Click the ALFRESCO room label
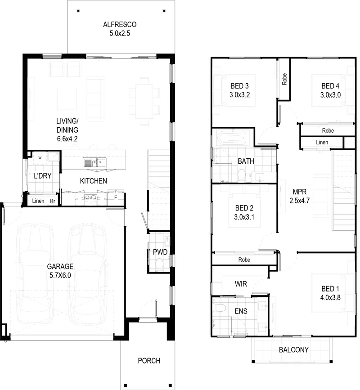(120, 24)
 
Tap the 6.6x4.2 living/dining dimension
(67, 139)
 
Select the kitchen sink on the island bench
(94, 163)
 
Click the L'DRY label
(43, 176)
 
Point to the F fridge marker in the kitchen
(116, 198)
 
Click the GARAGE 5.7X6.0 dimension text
(60, 275)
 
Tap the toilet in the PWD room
(159, 264)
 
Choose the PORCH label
(149, 361)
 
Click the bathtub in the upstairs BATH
(232, 138)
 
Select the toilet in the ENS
(220, 308)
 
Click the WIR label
(241, 284)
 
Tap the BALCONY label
(293, 350)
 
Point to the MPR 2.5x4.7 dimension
(299, 201)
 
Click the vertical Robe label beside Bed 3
(284, 79)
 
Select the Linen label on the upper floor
(322, 142)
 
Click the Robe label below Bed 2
(244, 260)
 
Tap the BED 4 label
(330, 86)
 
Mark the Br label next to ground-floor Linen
(53, 201)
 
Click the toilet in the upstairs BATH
(242, 175)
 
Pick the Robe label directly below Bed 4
(328, 130)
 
